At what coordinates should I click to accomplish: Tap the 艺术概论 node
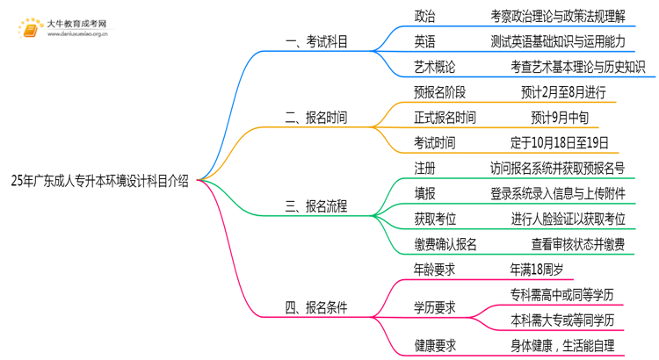tap(435, 67)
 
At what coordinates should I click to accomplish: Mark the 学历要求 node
tap(435, 307)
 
